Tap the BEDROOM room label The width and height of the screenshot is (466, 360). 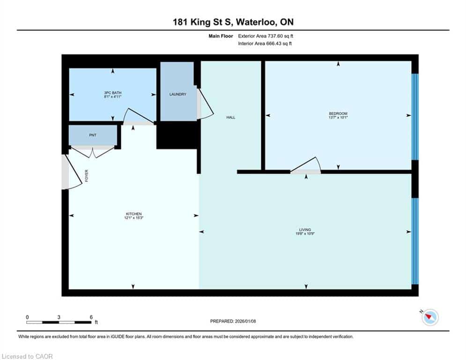coord(338,113)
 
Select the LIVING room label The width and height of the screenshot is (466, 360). coord(305,230)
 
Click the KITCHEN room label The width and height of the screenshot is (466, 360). coord(134,214)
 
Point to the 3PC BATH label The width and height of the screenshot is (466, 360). coord(113,93)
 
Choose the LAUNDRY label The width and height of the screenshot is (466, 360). coord(178,94)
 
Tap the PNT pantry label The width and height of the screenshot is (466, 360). coord(93,135)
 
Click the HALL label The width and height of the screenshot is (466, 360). coord(230,118)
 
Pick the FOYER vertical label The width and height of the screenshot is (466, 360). coord(87,176)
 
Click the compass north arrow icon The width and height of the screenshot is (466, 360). coord(430,317)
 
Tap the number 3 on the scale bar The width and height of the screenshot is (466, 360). coord(59,317)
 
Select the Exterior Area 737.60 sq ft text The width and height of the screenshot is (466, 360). coord(266,36)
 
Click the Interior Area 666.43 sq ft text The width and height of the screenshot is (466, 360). coord(265,44)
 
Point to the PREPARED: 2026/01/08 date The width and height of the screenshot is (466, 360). coord(233,321)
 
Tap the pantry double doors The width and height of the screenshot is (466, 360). coord(93,152)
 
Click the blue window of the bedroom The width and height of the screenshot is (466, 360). coord(415,117)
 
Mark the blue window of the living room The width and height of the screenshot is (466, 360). coord(415,241)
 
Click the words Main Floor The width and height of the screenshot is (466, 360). coord(221,36)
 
